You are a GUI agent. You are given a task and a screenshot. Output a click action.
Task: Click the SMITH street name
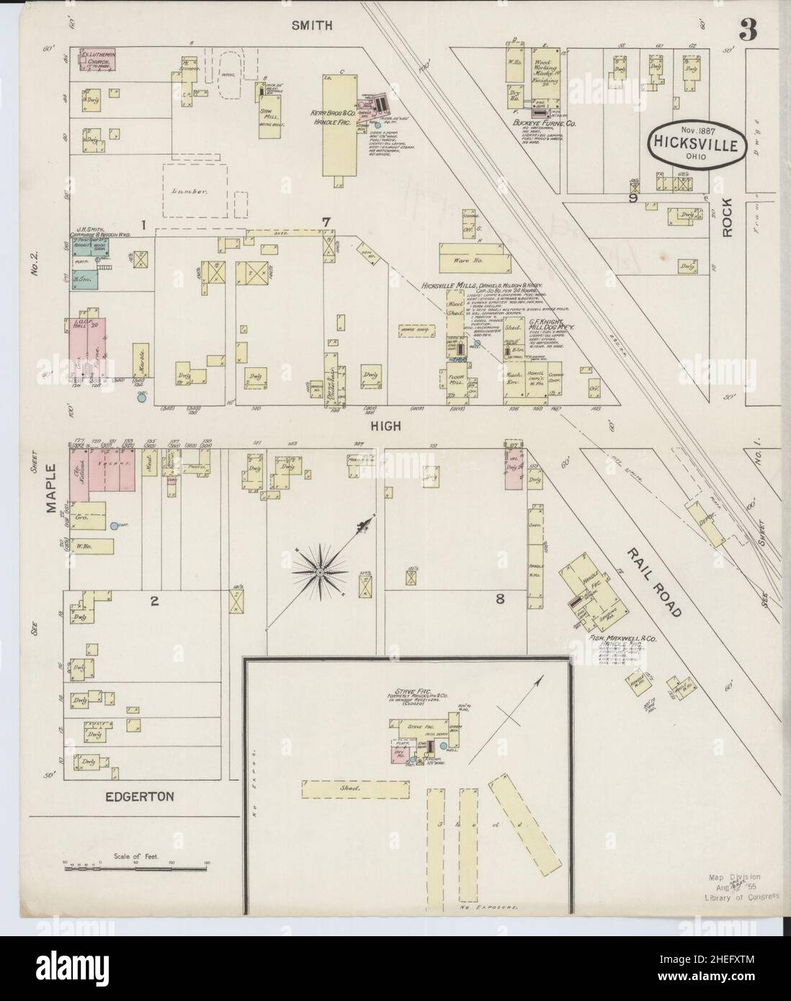pos(313,25)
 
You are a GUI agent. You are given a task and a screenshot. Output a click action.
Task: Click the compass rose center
pos(319,572)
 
